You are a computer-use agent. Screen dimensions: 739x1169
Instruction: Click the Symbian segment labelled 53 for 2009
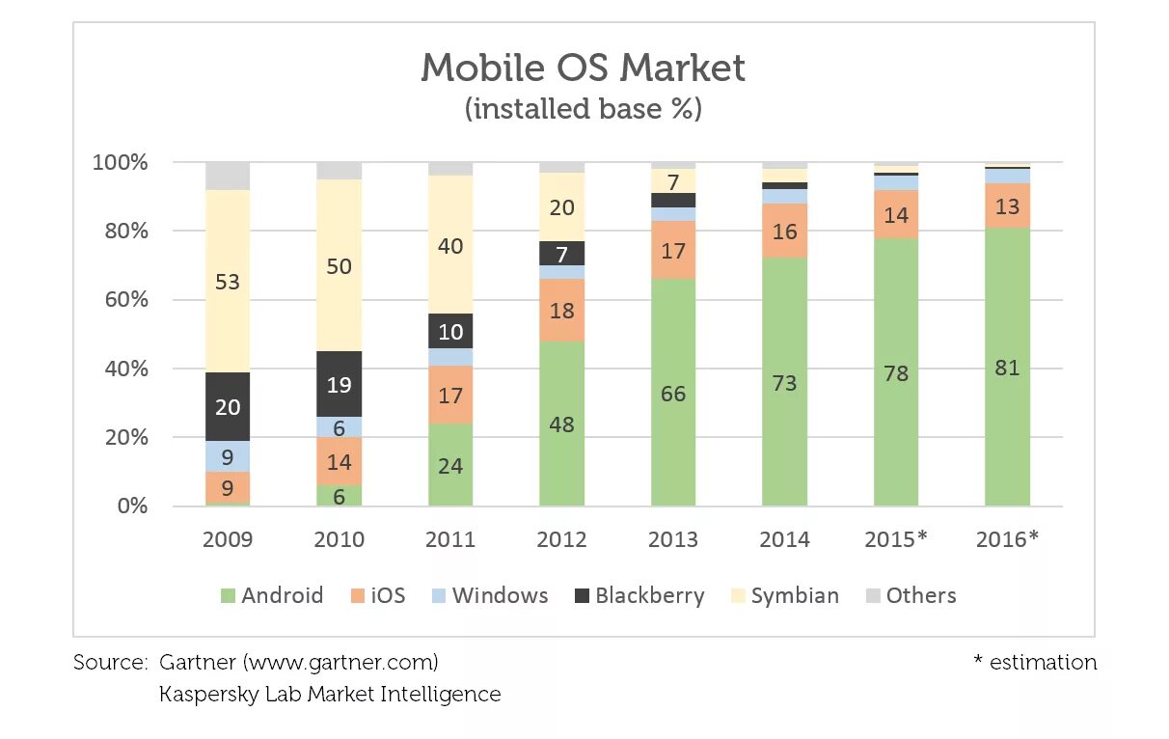tap(228, 282)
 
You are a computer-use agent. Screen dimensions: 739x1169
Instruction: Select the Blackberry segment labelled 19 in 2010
tap(340, 384)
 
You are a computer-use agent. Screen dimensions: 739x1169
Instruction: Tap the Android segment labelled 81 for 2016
tap(1007, 368)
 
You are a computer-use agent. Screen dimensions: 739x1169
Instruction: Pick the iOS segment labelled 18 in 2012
tap(561, 310)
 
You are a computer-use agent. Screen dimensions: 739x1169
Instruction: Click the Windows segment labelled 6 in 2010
tap(340, 426)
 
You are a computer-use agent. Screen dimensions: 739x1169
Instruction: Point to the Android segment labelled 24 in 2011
tap(450, 465)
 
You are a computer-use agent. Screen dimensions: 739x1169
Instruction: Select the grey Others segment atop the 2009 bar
tap(228, 176)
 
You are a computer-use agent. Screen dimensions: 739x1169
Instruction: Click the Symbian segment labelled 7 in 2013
tap(673, 181)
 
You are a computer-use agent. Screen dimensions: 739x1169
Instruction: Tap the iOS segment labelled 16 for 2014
tap(784, 231)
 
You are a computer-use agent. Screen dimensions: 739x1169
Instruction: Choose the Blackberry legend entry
tap(639, 595)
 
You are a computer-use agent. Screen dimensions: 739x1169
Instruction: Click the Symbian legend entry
tap(783, 595)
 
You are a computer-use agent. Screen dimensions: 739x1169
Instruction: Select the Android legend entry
tap(271, 595)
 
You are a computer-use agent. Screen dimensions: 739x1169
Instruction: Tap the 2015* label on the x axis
tap(896, 539)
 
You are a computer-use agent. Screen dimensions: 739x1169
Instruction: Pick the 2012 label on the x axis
tap(561, 539)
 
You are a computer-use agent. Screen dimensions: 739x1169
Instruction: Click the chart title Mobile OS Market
tap(584, 68)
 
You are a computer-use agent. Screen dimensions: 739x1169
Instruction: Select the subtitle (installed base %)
tap(584, 109)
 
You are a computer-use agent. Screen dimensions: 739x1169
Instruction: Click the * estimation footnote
tap(1035, 663)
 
